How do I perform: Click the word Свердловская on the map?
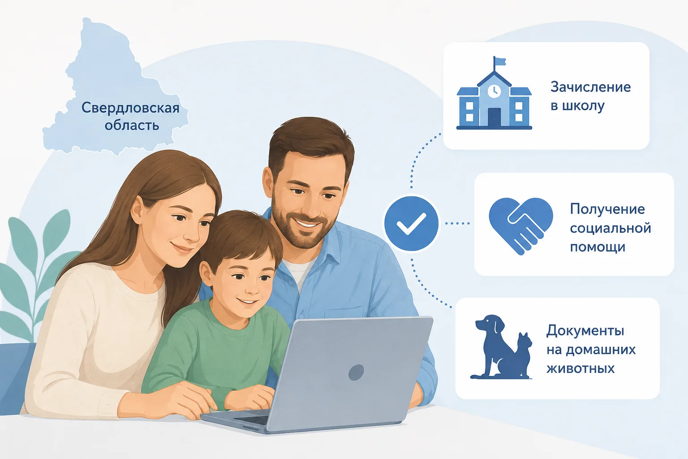(x=130, y=108)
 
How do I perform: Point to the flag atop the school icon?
(x=499, y=61)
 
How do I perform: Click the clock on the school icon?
(x=494, y=91)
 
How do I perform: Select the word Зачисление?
(x=590, y=87)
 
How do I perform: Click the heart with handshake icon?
(x=521, y=226)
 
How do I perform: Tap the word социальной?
(x=611, y=229)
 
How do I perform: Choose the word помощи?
(x=598, y=247)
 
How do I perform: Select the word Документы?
(x=585, y=331)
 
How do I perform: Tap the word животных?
(x=580, y=368)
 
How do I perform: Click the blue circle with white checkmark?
(x=411, y=224)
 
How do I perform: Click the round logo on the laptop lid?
(x=356, y=372)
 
